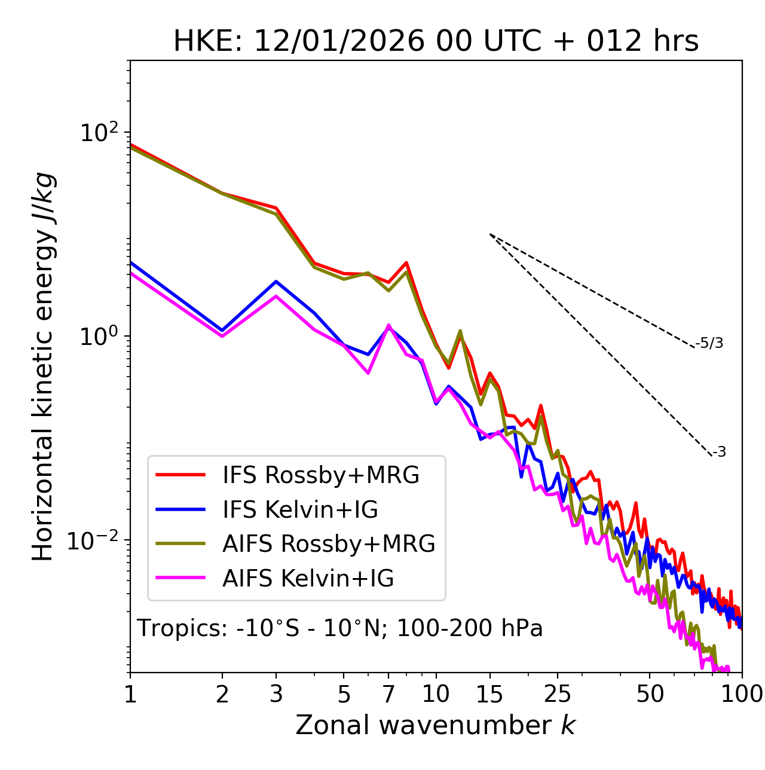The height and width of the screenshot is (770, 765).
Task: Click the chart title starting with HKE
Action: click(x=436, y=42)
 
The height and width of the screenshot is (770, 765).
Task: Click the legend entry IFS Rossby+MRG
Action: click(x=320, y=475)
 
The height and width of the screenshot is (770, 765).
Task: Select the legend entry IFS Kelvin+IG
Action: click(x=300, y=510)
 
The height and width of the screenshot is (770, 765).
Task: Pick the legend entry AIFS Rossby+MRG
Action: click(x=329, y=544)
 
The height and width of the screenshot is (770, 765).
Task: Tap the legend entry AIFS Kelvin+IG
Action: click(x=308, y=579)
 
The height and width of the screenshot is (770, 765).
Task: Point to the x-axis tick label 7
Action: click(x=388, y=694)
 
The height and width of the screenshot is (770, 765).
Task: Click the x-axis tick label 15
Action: click(x=489, y=694)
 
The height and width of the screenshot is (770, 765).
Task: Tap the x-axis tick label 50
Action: click(x=650, y=694)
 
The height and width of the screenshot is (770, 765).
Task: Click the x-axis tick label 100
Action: click(x=742, y=694)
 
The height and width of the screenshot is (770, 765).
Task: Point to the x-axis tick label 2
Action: click(x=222, y=694)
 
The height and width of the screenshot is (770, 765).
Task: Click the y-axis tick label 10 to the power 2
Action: click(x=100, y=133)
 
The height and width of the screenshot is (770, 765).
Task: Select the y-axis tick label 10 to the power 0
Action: click(x=100, y=337)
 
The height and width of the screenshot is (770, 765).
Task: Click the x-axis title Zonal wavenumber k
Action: click(x=436, y=725)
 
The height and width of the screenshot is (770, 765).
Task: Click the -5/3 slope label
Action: click(x=709, y=343)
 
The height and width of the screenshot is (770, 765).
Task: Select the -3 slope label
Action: click(x=719, y=453)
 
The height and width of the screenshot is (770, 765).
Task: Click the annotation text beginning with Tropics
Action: click(x=339, y=628)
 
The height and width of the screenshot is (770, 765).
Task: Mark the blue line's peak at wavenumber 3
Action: click(x=276, y=281)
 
